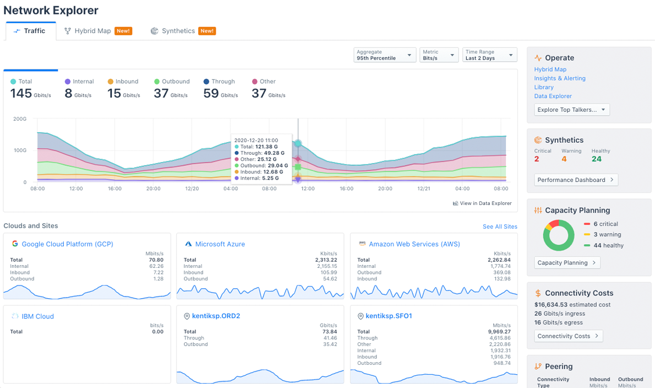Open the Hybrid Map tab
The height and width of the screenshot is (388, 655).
(92, 31)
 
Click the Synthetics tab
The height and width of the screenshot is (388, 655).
(178, 31)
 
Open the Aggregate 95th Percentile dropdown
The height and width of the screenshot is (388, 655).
(385, 55)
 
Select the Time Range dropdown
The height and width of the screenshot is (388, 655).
(490, 55)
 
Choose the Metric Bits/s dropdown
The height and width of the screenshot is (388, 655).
(439, 55)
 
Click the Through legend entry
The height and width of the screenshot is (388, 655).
(222, 82)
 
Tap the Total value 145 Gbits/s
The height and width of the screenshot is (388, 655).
(30, 94)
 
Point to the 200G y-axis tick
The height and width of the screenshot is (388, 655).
(20, 118)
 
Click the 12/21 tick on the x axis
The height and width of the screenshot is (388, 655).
(423, 188)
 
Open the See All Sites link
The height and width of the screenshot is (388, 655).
(499, 227)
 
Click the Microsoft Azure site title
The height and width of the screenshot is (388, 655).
(220, 244)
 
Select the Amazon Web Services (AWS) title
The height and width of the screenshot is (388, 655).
(414, 244)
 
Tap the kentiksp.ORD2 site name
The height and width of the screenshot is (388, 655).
(216, 316)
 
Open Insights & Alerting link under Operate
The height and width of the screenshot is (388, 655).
(559, 78)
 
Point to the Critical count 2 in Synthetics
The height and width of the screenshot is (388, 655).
(537, 159)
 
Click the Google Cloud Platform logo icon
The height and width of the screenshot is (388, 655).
(15, 244)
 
